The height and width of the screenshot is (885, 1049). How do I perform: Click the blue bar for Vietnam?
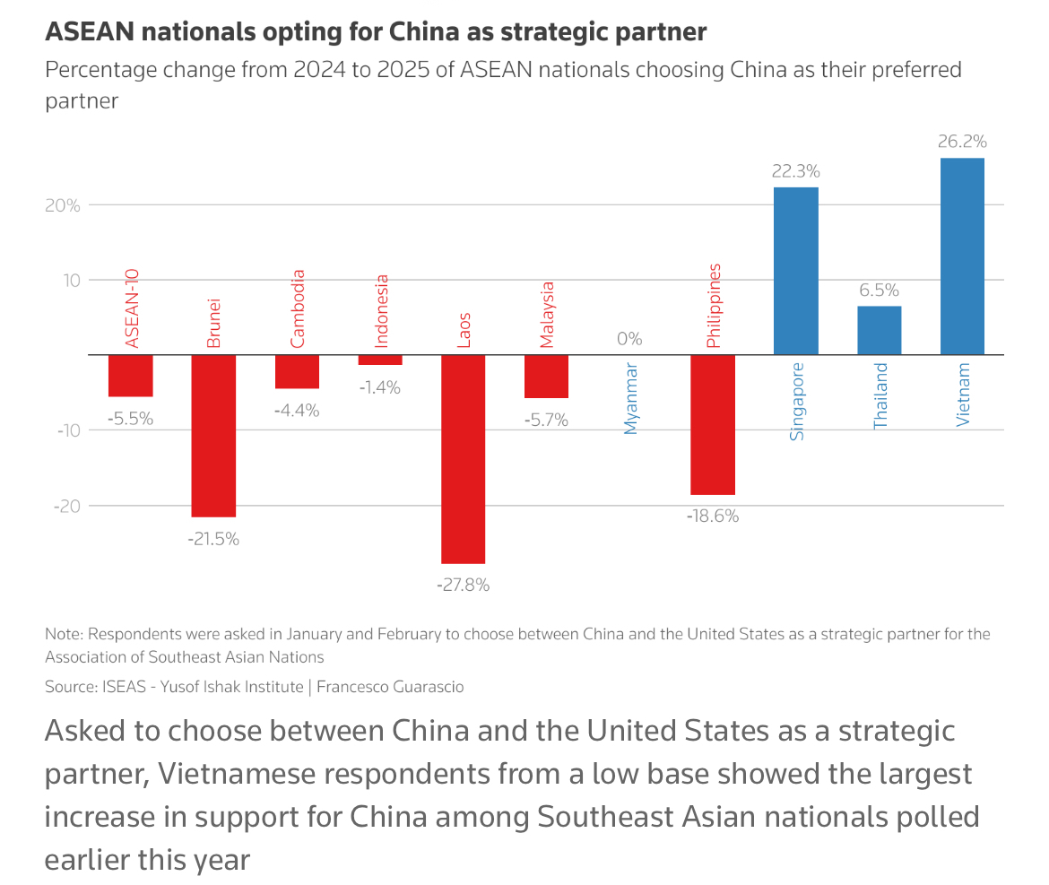pos(962,256)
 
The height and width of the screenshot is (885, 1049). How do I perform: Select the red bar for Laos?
pos(464,458)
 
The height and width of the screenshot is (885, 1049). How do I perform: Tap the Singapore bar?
pos(796,270)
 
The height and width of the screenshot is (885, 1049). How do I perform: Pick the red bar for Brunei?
pos(214,435)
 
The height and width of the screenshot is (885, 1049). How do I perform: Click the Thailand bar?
pos(880,330)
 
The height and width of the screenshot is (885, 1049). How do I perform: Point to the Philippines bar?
pos(713,424)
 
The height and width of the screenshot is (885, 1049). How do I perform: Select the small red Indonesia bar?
pos(380,360)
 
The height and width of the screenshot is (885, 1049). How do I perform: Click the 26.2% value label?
pos(962,142)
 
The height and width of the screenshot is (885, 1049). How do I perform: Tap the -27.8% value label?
pos(463,585)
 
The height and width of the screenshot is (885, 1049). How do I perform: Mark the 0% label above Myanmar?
pos(629,339)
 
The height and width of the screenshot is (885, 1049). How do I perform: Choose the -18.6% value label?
pos(713,516)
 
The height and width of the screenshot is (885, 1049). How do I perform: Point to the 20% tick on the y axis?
pos(62,204)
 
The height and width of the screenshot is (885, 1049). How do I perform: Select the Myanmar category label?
pos(630,398)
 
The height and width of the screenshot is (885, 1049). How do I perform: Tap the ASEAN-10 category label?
pos(132,309)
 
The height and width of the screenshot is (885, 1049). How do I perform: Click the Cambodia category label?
pos(298,308)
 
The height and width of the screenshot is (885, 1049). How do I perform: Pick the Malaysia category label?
pos(547,315)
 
